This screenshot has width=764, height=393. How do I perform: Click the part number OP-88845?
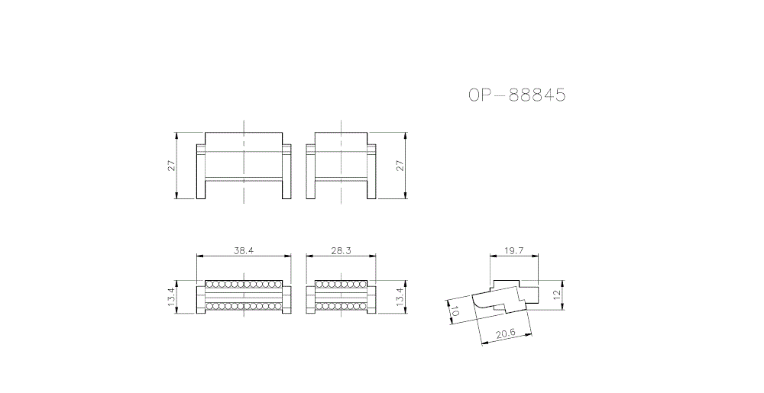[x=517, y=95]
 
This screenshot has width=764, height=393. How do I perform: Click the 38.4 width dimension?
[x=244, y=250]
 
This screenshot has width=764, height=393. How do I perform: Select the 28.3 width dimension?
[x=341, y=250]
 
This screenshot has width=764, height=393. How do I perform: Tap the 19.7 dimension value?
[x=513, y=250]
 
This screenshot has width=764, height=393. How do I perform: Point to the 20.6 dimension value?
[x=506, y=335]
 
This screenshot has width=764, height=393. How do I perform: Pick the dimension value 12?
[x=558, y=295]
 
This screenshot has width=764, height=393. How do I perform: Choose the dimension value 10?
[x=453, y=312]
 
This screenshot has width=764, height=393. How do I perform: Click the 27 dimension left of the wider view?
[x=171, y=166]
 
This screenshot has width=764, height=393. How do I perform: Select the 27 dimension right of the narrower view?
[x=400, y=166]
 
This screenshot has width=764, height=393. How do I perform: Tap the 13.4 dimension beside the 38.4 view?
[x=171, y=297]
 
